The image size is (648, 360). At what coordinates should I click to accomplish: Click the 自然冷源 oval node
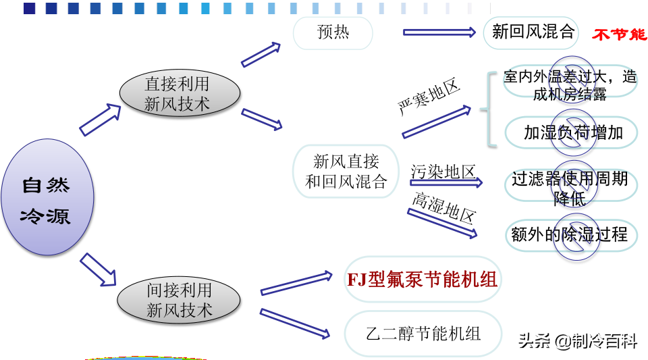[x=46, y=197]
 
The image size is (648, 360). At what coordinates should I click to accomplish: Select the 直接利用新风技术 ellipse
[x=177, y=94]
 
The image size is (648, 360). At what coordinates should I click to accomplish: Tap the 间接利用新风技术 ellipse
[x=179, y=301]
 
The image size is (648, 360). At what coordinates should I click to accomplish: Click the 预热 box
[x=333, y=32]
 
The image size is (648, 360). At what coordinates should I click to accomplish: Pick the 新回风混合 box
[x=532, y=32]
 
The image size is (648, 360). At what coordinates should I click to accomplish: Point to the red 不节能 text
[x=619, y=34]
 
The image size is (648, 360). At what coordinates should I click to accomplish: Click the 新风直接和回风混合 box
[x=346, y=172]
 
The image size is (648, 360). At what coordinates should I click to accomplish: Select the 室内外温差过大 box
[x=570, y=85]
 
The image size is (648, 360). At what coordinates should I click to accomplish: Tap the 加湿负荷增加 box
[x=572, y=132]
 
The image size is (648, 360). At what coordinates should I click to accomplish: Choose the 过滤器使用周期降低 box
[x=570, y=188]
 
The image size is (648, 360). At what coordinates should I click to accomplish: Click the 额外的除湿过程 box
[x=570, y=234]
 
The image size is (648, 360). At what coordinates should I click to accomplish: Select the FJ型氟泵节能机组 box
[x=423, y=279]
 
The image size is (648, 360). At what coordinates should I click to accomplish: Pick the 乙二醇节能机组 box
[x=423, y=333]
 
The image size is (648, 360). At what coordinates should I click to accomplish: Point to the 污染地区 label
[x=443, y=172]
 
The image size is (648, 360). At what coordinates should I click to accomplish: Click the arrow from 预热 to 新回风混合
[x=439, y=32]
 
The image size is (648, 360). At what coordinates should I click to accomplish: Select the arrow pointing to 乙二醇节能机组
[x=295, y=323]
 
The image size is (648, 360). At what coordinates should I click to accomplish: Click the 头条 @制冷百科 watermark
[x=578, y=341]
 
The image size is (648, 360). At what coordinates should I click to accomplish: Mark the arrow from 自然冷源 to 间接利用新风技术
[x=98, y=269]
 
